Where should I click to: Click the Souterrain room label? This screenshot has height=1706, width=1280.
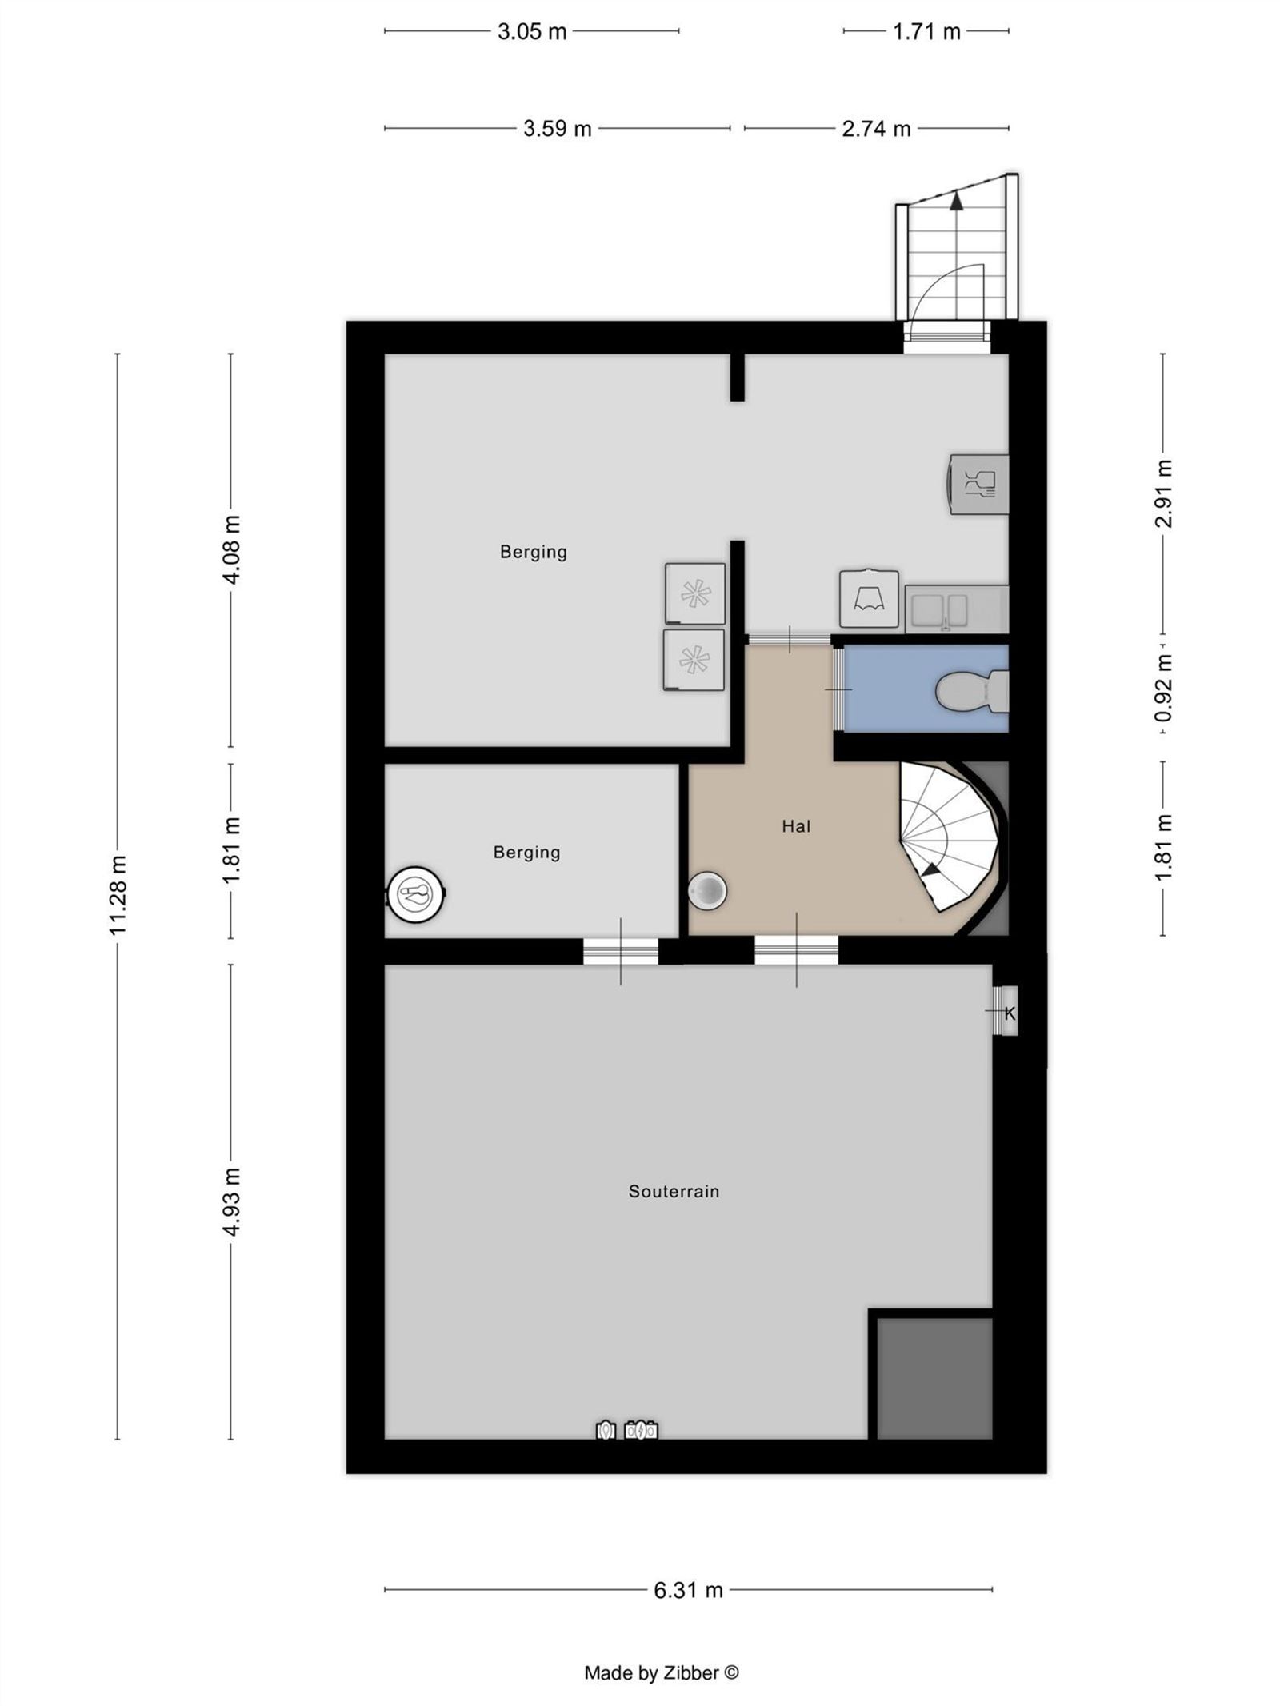[x=674, y=1191]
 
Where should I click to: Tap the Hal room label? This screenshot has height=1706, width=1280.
[x=796, y=826]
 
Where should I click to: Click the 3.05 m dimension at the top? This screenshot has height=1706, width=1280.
[x=532, y=32]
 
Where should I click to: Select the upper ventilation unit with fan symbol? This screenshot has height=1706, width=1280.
[x=694, y=593]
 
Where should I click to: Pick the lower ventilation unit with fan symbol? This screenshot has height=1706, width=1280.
[x=693, y=660]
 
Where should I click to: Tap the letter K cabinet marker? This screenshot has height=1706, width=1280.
[x=1010, y=1013]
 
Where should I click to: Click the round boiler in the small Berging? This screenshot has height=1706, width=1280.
[x=415, y=893]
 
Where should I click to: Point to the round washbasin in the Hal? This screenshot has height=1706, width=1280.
[x=707, y=890]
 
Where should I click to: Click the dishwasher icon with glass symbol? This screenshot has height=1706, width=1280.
[x=979, y=484]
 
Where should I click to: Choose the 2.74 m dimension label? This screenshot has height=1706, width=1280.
[x=876, y=129]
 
